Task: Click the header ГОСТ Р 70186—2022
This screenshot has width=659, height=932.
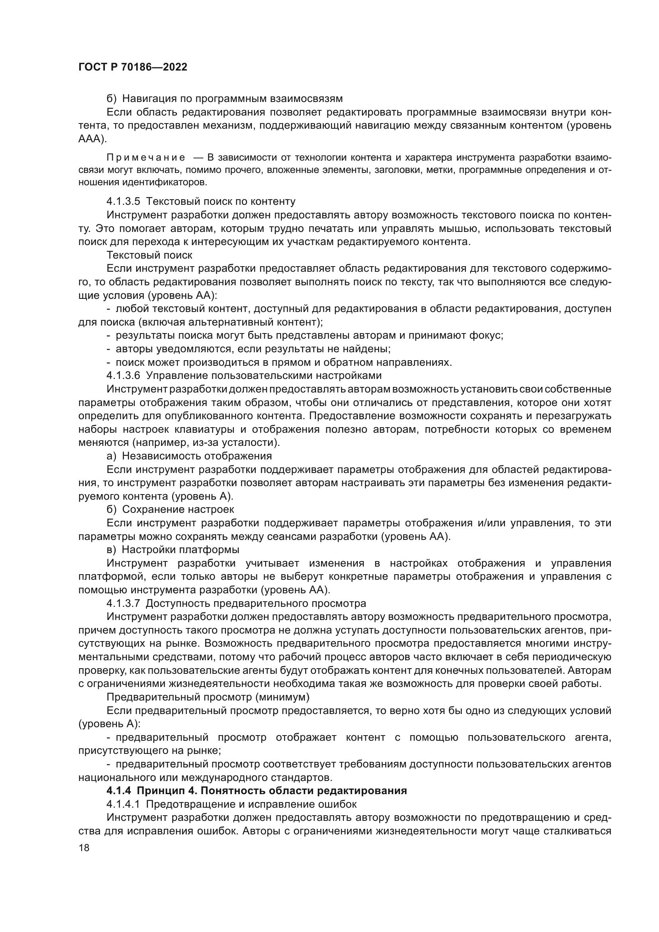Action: (133, 67)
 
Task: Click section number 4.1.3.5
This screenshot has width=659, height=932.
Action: (123, 201)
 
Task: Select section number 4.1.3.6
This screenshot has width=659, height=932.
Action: (123, 375)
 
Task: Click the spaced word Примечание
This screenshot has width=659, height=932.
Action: (146, 157)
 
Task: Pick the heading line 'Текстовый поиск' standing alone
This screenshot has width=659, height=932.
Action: (149, 255)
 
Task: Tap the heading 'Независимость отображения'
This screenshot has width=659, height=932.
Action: (197, 456)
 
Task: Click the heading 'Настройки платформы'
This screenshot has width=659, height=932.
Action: (180, 549)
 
